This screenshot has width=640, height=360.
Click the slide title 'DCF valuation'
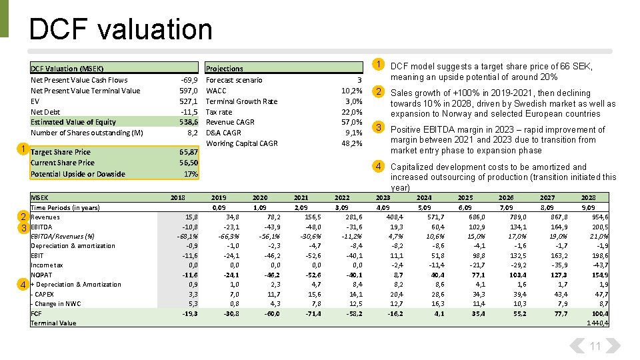121,29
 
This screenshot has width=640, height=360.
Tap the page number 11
595,346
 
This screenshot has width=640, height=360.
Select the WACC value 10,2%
351,91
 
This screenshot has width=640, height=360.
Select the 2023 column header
383,198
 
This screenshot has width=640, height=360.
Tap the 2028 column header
588,198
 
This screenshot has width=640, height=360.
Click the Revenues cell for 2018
191,217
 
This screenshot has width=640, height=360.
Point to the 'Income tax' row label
48,265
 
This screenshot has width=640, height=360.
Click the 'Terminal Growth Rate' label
241,101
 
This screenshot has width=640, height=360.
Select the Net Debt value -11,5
189,112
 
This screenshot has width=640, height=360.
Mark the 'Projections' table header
225,69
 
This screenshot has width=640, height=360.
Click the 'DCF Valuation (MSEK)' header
67,69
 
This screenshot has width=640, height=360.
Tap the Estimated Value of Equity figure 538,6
189,122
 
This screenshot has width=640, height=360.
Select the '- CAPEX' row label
43,294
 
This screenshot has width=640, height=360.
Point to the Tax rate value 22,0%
351,112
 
